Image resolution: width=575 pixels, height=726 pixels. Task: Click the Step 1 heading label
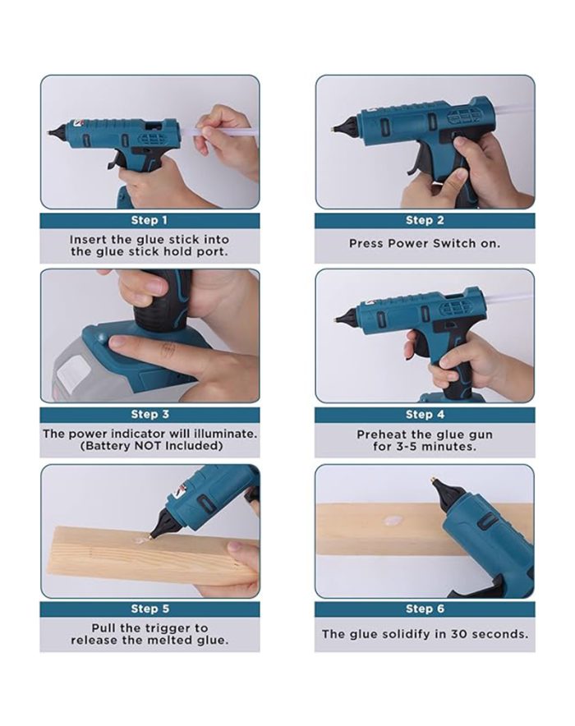click(x=149, y=220)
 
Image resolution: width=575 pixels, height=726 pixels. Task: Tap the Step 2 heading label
click(x=425, y=220)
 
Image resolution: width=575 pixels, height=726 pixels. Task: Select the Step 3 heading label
click(x=149, y=415)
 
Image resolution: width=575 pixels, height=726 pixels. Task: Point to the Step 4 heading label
click(x=425, y=415)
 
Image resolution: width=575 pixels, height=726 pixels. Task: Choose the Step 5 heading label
click(x=149, y=609)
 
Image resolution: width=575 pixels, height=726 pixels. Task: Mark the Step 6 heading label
click(x=425, y=609)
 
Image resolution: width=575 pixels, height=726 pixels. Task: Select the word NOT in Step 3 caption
click(x=148, y=446)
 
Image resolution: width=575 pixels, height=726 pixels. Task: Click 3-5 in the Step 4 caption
click(x=409, y=447)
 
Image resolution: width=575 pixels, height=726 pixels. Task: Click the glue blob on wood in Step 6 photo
click(x=390, y=522)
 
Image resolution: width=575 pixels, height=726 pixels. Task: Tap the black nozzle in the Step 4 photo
click(x=345, y=318)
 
